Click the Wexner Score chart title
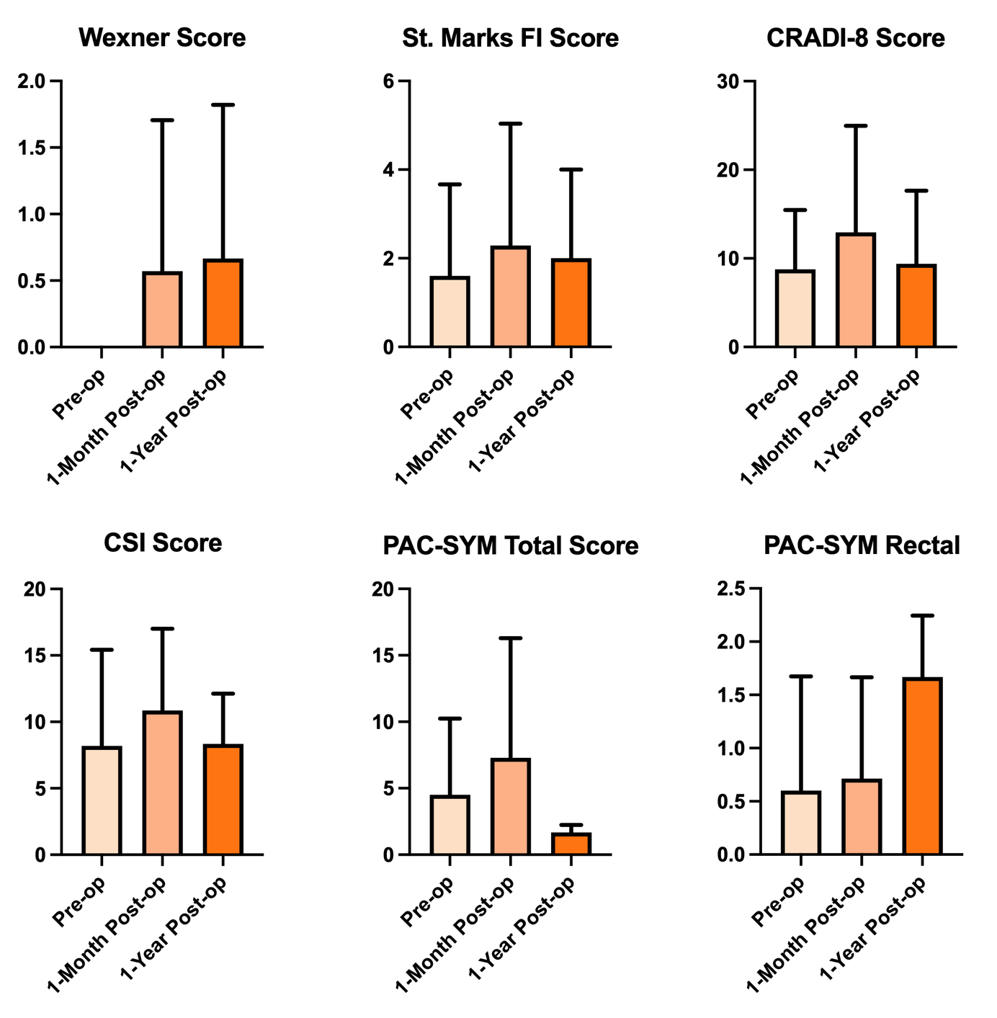(x=162, y=37)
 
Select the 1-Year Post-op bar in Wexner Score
(x=223, y=303)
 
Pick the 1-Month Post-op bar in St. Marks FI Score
(x=511, y=297)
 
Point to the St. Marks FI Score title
(x=510, y=37)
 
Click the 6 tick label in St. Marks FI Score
(x=389, y=81)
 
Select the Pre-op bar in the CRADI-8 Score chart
(x=795, y=308)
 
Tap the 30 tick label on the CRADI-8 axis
(x=728, y=81)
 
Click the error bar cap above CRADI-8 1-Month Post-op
(x=856, y=126)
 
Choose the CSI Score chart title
(x=162, y=543)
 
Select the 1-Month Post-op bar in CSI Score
(x=163, y=783)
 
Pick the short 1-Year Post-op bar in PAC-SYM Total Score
(x=571, y=844)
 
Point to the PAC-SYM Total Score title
(x=510, y=545)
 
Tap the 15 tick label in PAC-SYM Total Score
(x=383, y=656)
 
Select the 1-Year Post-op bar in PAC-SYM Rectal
(x=922, y=767)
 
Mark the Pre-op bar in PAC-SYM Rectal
(x=801, y=823)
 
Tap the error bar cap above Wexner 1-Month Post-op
(x=163, y=120)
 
